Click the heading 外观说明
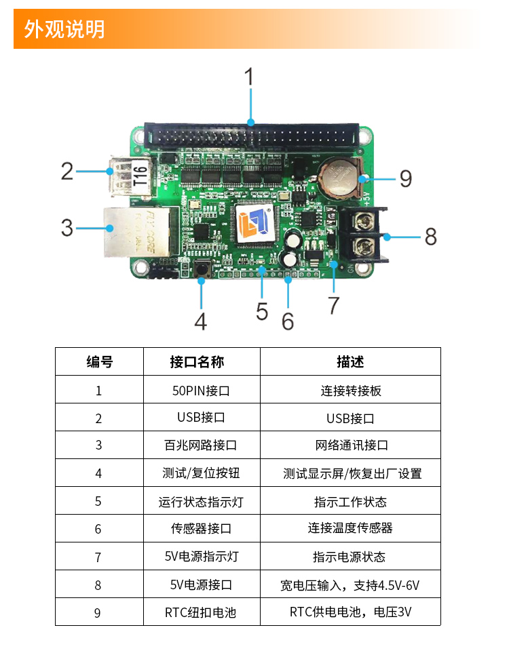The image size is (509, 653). click(65, 29)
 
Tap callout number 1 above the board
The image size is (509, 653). click(249, 77)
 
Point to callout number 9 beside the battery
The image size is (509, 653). click(405, 178)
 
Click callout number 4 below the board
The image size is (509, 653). click(200, 321)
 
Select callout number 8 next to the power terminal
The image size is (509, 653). click(430, 236)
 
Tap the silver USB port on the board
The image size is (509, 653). click(120, 175)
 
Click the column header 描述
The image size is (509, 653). click(350, 362)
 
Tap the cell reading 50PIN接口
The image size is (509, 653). click(201, 391)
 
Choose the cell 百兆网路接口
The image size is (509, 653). click(201, 446)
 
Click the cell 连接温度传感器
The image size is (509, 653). click(350, 528)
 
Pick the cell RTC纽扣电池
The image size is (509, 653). click(201, 612)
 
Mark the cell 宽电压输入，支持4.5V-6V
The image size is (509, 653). click(350, 585)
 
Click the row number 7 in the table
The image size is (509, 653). click(98, 557)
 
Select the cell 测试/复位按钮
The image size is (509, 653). click(201, 473)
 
